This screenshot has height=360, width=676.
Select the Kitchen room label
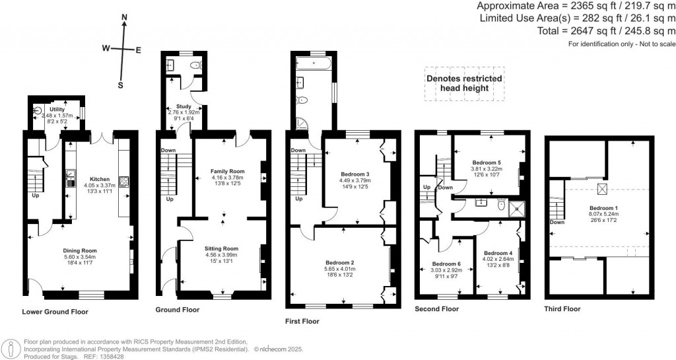tap(99, 179)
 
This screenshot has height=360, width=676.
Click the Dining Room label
tap(80, 250)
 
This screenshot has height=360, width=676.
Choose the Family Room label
tap(227, 170)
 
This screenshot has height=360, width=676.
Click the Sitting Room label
tap(221, 249)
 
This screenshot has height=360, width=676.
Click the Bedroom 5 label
tap(487, 162)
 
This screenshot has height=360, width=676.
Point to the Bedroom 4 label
tap(498, 253)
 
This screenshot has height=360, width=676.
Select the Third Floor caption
tap(562, 308)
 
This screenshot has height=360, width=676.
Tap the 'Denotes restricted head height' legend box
tap(463, 83)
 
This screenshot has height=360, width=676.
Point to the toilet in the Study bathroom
tap(194, 65)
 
